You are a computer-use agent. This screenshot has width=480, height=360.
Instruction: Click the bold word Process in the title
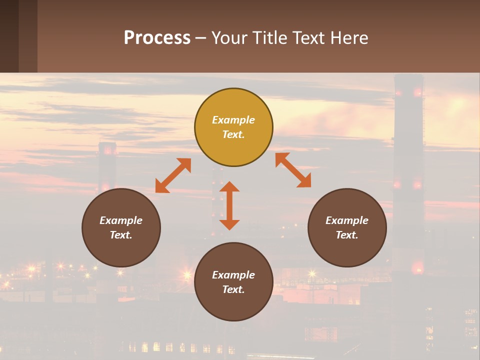pos(157,38)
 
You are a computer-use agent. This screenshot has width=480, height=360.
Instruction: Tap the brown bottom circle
pos(233,305)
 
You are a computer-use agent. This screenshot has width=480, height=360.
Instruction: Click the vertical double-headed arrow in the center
pos(229,205)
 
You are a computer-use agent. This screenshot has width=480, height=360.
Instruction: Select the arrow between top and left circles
pos(173,175)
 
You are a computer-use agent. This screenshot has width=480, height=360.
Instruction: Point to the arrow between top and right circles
pos(293,170)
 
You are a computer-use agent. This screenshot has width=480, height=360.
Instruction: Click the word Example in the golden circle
pos(233,120)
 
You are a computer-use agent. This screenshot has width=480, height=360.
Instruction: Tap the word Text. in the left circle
pos(121,235)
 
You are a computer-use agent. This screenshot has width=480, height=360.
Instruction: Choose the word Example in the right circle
pos(347,220)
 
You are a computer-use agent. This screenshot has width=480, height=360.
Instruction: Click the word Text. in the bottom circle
pos(233,289)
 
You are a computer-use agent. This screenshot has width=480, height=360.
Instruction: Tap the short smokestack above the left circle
pos(107,165)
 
